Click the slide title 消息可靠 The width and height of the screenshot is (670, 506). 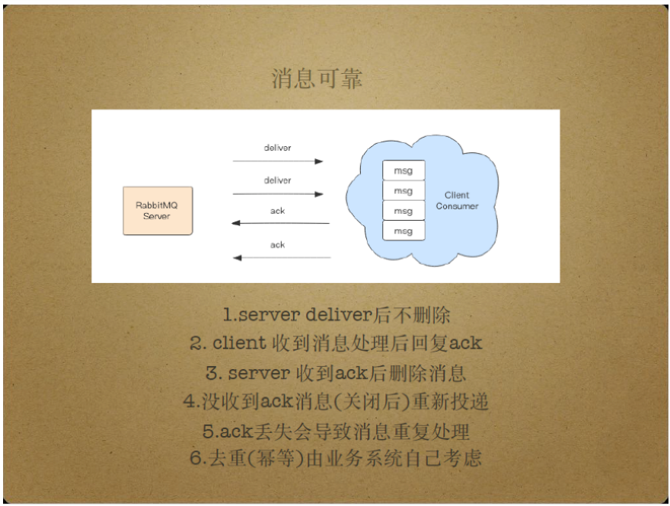tap(317, 78)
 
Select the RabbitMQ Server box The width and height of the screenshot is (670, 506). tap(158, 211)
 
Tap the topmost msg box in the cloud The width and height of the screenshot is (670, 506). tap(404, 170)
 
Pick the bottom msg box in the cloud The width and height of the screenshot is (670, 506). tap(404, 230)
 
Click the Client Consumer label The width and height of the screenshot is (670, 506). tap(457, 201)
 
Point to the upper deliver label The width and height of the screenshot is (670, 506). tap(277, 148)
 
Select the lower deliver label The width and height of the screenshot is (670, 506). tap(277, 180)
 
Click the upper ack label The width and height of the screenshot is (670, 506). tap(277, 211)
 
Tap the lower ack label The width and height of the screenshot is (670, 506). tap(277, 245)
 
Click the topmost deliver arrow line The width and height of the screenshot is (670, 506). tap(277, 161)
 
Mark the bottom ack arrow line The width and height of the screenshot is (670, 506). tap(282, 258)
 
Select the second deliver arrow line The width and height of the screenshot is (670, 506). tap(277, 194)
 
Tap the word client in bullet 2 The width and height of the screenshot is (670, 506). tap(240, 343)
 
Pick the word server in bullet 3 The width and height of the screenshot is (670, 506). tap(259, 374)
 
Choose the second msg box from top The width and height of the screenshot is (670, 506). tap(404, 191)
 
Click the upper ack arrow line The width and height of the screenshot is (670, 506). tap(282, 224)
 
